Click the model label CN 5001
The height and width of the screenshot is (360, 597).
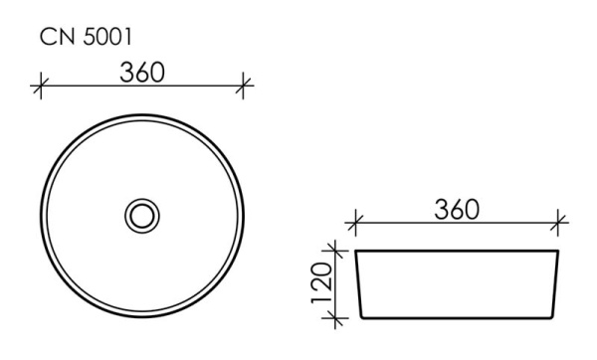point(87,37)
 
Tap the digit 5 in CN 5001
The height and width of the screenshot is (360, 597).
point(93,37)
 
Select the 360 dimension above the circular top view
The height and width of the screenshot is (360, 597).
point(141,73)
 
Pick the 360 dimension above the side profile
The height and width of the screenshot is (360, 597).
point(457,210)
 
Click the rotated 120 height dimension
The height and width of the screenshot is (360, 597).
point(320,283)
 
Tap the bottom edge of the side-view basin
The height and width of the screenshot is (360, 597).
point(458,319)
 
